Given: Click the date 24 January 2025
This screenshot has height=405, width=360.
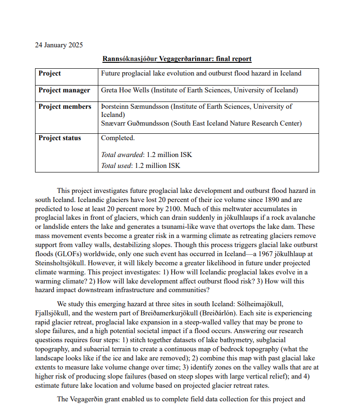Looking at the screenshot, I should [x=59, y=45].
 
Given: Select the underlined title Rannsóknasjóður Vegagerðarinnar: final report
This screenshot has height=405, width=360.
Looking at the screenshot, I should [x=177, y=59].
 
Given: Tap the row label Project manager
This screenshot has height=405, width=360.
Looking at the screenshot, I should [x=64, y=90].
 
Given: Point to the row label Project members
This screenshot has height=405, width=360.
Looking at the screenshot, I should [x=65, y=106].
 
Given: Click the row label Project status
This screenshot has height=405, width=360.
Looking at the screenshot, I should [x=60, y=138].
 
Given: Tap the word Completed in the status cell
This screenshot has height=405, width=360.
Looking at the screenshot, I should [x=117, y=138].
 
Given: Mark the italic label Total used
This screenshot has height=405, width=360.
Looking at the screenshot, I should [x=116, y=166].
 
